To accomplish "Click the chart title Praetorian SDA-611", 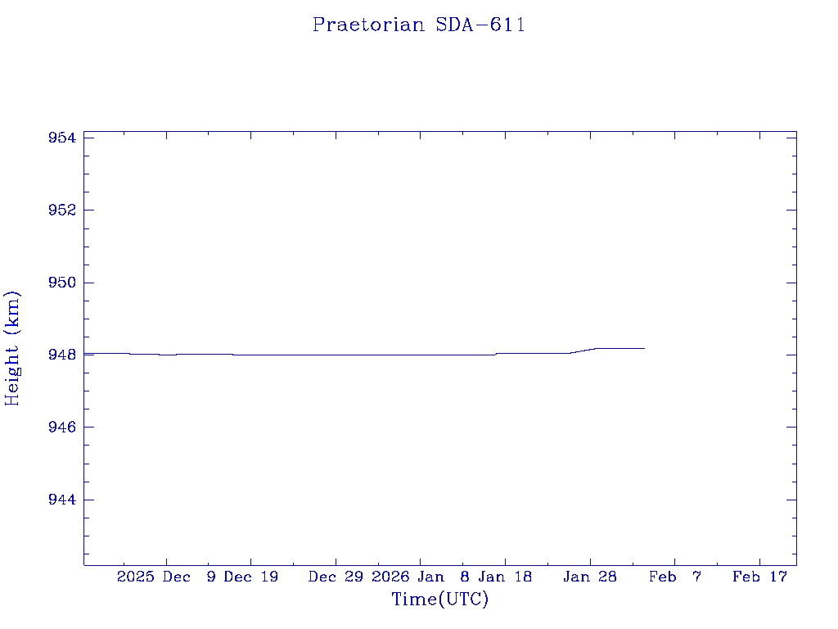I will tap(418, 25).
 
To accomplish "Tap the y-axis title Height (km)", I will tap(12, 347).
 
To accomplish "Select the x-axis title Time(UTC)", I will tap(439, 600).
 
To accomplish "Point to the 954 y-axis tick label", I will tap(62, 138).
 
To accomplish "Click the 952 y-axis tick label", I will tap(62, 210).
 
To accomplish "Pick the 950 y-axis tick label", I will tap(62, 283).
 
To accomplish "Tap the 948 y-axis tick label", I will tap(62, 355).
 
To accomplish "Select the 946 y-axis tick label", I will tap(62, 428).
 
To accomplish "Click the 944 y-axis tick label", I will tap(62, 500).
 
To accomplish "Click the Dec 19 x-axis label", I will tap(251, 577).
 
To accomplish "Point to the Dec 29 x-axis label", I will tap(336, 577).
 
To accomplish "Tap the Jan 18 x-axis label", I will tap(505, 577).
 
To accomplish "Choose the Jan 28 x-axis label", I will tap(590, 577).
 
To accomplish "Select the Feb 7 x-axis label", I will tap(675, 577).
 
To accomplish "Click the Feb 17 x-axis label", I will tap(759, 577).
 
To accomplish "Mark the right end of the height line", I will tap(644, 348).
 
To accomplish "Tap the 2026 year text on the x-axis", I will tap(390, 577).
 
